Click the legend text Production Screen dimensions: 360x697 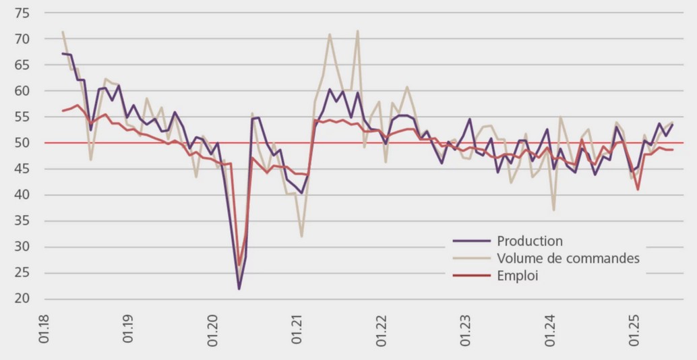coord(529,241)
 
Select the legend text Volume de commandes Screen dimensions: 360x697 coord(568,258)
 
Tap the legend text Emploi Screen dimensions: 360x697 coord(518,275)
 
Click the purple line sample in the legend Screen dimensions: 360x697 coord(471,241)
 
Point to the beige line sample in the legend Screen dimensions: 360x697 coord(471,258)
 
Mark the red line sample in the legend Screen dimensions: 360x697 coord(471,275)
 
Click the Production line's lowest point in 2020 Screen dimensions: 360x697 coord(239,289)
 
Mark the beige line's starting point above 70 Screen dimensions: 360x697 coord(63,32)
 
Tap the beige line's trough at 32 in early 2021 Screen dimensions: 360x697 coord(301,236)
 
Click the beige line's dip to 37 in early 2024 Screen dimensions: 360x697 coord(554,210)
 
